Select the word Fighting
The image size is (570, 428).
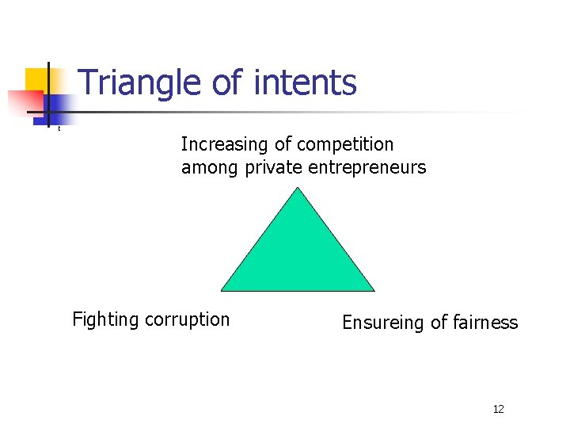click(x=104, y=319)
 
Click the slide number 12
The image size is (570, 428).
click(x=498, y=409)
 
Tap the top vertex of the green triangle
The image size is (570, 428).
click(x=297, y=188)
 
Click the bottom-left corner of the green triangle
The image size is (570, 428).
click(x=222, y=290)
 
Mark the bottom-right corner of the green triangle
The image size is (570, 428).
click(x=374, y=290)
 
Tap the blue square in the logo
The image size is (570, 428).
click(x=59, y=109)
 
